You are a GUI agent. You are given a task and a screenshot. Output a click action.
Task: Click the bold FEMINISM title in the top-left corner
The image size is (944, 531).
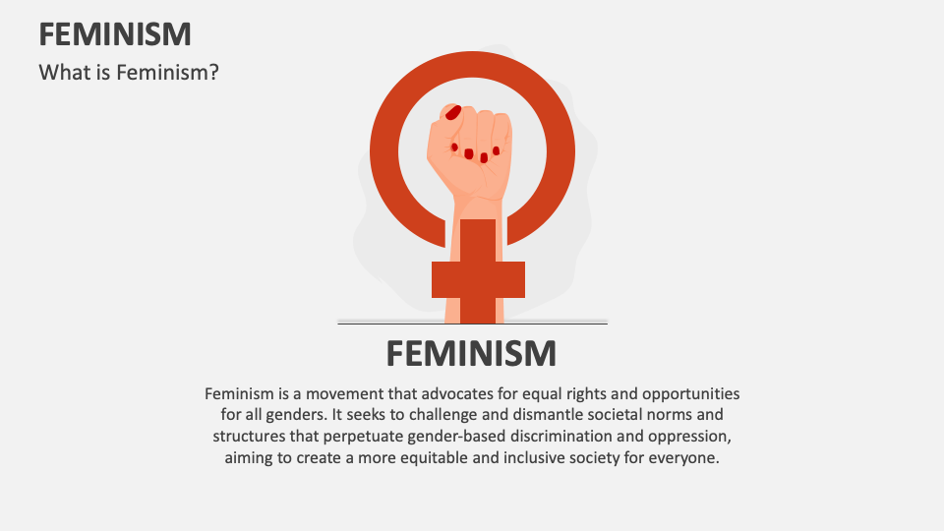115,34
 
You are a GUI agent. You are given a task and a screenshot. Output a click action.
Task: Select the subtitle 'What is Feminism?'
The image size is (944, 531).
128,72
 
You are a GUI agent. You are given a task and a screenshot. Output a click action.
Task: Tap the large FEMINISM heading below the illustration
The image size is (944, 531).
471,352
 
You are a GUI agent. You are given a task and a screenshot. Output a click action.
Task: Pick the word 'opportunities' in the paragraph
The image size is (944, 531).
689,393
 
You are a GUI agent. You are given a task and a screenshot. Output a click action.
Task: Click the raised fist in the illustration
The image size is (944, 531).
470,152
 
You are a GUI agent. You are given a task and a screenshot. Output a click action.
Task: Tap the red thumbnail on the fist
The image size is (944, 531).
453,112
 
